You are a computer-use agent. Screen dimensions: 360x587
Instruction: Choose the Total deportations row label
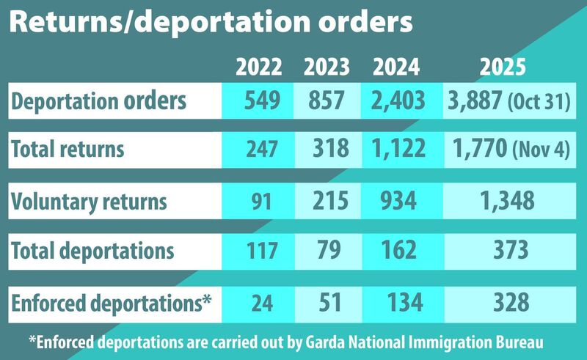pos(92,250)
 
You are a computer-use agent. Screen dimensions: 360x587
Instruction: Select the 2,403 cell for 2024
pos(396,100)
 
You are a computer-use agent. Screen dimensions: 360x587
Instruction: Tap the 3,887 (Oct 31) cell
pos(507,100)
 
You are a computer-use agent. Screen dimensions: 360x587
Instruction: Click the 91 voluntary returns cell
pos(259,200)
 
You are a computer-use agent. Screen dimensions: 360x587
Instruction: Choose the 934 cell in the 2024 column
pos(396,200)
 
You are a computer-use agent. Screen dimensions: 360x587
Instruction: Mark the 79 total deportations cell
pos(327,250)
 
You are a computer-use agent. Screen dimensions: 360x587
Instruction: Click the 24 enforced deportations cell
pos(259,300)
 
